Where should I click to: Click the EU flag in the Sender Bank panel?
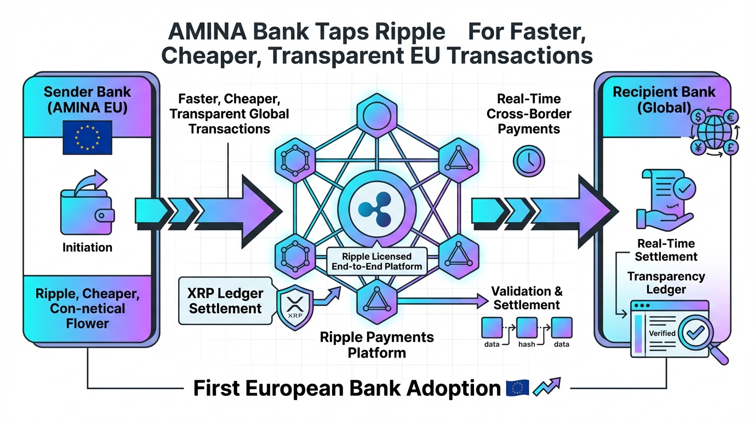(x=87, y=136)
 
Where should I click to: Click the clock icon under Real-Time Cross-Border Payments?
(x=528, y=161)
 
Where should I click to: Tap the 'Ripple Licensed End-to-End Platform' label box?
(x=376, y=261)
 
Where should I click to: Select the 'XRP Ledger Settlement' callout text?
(x=226, y=300)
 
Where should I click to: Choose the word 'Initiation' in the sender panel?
(x=87, y=247)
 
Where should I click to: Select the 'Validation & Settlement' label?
(x=527, y=297)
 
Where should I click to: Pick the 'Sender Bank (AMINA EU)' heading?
(x=87, y=100)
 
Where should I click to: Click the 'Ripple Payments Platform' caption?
(x=377, y=344)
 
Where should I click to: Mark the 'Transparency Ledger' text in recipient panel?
(x=666, y=283)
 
